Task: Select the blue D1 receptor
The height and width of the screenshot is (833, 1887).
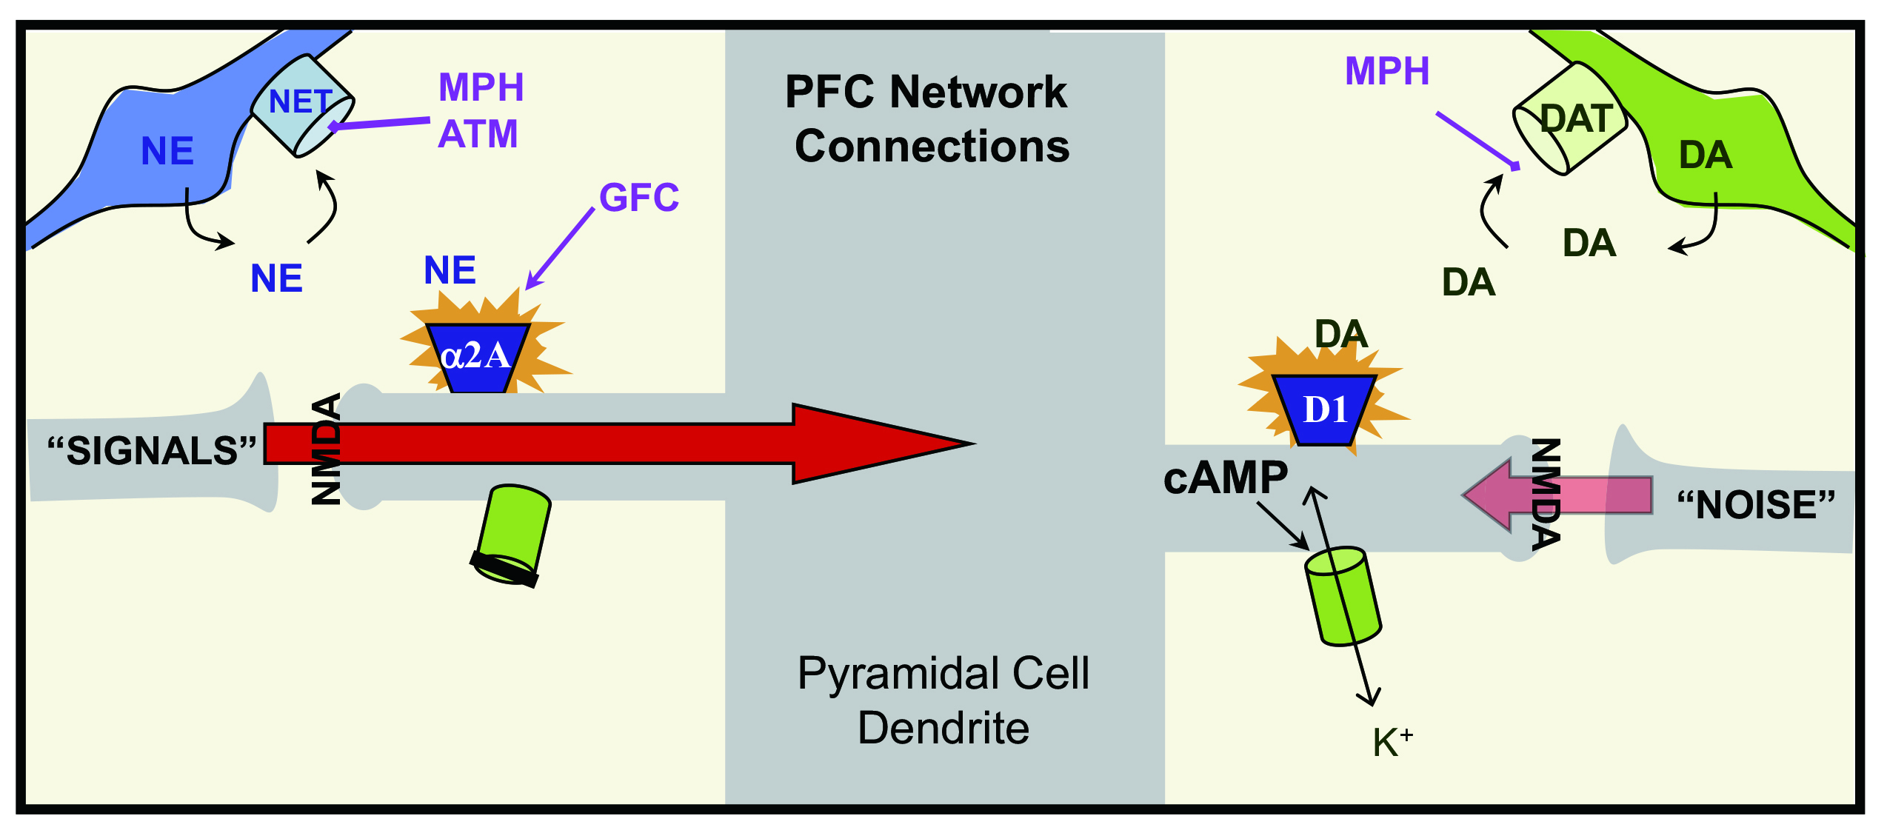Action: coord(1324,409)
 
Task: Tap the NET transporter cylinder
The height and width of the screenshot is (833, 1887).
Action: coord(302,105)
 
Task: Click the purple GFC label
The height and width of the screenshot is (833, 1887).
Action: coord(639,198)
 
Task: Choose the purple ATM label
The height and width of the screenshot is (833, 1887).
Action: coord(478,134)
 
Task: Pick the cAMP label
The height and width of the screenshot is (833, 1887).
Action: coord(1226,478)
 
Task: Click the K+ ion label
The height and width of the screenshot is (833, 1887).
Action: coord(1392,742)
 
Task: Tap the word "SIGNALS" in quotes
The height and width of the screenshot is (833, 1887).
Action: coord(152,451)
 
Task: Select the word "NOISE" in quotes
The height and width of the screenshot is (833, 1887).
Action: coord(1756,505)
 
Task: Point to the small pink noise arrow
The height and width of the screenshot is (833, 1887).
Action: coord(1555,495)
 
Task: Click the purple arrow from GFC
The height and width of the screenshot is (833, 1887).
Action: coord(559,249)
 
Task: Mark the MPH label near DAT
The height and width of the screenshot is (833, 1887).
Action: coord(1386,71)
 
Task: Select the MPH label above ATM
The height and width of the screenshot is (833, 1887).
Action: coord(481,87)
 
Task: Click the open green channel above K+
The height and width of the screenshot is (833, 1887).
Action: coord(1343,597)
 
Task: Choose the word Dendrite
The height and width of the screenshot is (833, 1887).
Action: coord(943,728)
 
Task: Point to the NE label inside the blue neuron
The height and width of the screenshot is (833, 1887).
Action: coord(167,151)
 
